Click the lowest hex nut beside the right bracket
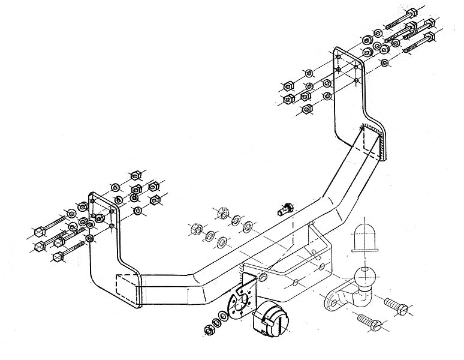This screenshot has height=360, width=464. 308,109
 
